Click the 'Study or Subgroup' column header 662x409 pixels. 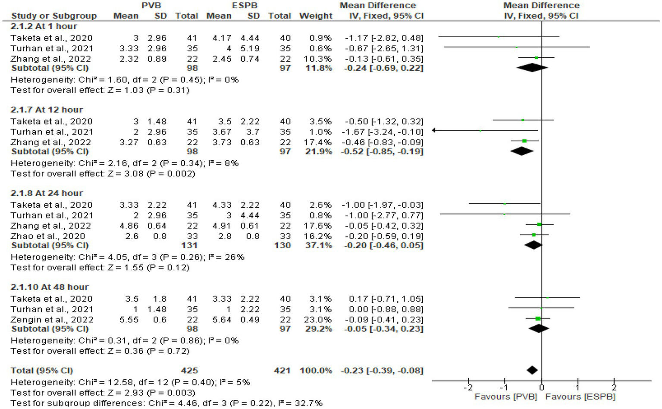[54, 16]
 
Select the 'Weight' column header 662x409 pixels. [316, 16]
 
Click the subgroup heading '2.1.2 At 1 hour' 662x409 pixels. [44, 26]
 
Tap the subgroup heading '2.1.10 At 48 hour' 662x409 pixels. [50, 287]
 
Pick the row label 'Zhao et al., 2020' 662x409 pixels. [48, 236]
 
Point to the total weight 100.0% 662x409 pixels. [316, 371]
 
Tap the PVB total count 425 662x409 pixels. [189, 371]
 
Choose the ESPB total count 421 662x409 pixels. [282, 371]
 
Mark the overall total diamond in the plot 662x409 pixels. [532, 370]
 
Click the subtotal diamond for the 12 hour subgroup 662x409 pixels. [522, 151]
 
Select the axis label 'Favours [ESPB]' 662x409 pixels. [580, 397]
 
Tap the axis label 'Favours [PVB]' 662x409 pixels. [505, 397]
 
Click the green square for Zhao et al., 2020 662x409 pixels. [534, 235]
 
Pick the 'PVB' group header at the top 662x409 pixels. [151, 6]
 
